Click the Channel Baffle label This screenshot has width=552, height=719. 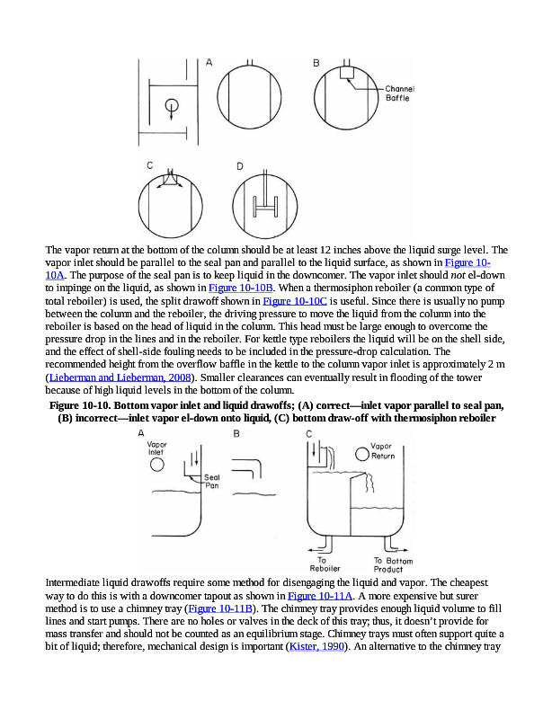[x=398, y=93]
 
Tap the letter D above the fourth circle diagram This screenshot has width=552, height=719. [x=240, y=166]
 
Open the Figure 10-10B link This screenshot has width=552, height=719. [x=235, y=287]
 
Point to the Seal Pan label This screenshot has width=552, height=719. [x=211, y=481]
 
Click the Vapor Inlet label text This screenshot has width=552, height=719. [x=156, y=448]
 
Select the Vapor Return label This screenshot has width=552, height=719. [x=383, y=450]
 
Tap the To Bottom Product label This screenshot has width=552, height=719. [x=395, y=564]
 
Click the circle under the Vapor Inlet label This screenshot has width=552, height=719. [x=156, y=466]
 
